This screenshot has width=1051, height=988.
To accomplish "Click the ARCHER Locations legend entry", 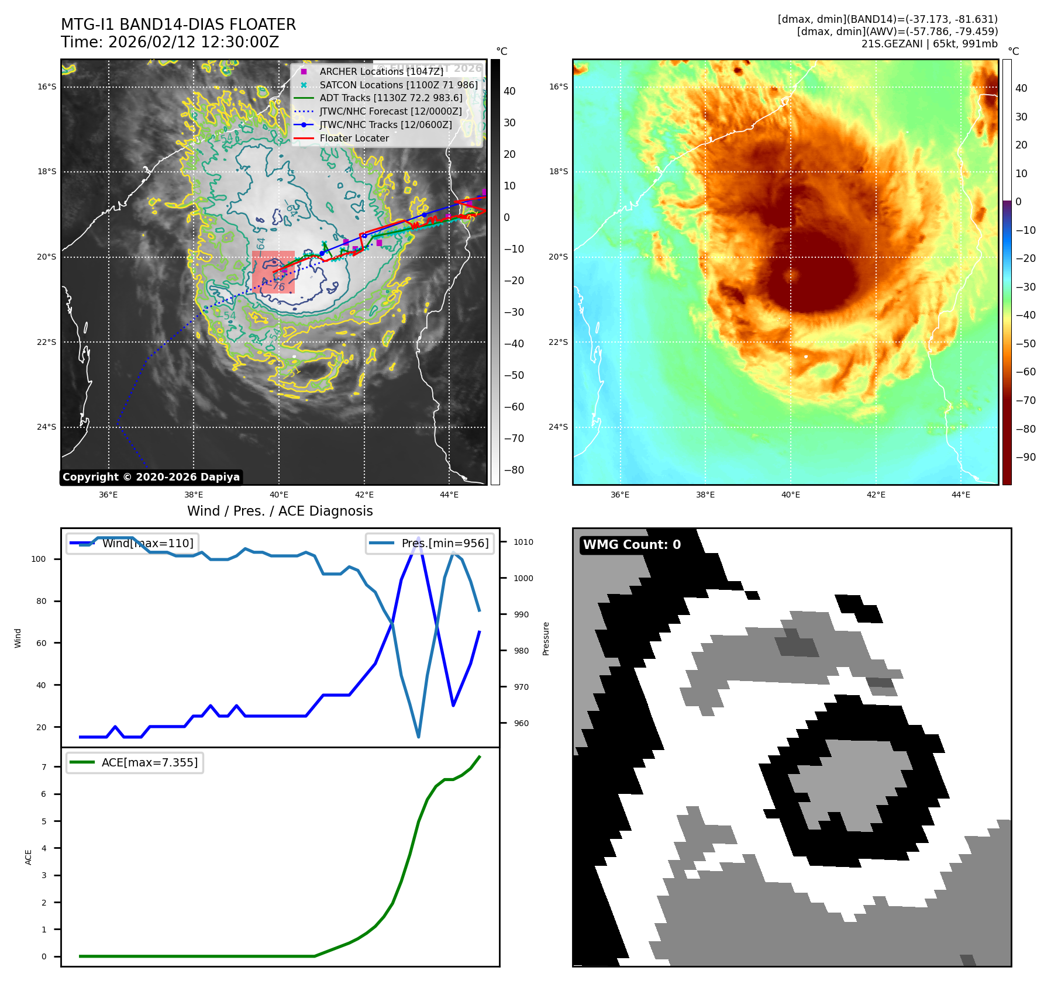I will pos(381,71).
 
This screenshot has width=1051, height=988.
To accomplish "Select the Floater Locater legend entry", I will pos(354,138).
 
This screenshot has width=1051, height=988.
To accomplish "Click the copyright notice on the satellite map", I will pos(151,477).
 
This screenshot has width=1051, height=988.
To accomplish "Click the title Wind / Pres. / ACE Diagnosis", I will pos(280,511).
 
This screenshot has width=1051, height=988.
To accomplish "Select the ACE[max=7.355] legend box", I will pos(135,762).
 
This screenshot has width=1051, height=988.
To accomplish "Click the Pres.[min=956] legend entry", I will pos(430,543).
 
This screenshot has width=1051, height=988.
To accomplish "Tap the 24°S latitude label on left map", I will pos(47,427).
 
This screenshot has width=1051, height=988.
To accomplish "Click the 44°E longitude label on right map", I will pos(960,495).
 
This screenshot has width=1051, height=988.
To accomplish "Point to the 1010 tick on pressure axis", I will pos(523,542).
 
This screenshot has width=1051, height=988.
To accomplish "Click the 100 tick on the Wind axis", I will pos(38,559).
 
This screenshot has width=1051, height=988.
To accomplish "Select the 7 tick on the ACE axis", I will pos(44,766).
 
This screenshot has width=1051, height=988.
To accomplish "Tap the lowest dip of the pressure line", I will pos(418,737).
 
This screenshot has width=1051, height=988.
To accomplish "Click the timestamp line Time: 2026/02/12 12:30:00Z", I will pos(170,42).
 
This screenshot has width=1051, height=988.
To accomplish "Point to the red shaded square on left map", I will pos(273,272).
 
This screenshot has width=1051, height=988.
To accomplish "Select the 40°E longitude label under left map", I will pos(278,495).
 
